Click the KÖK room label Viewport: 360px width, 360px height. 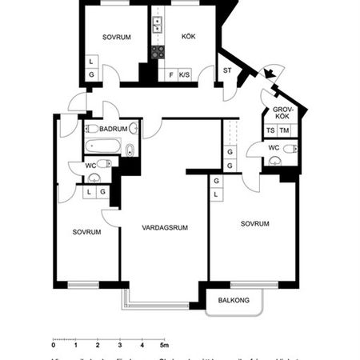189,36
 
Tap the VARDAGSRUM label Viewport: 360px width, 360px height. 165,227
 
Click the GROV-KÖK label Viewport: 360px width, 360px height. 282,112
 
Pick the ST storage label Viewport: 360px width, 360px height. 227,70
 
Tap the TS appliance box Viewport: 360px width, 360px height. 271,130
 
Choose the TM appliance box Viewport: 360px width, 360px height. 285,130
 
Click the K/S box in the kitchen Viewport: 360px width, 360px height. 185,76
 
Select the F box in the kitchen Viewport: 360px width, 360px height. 170,76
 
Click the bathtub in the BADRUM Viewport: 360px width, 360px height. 102,147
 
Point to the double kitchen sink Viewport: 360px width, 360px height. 158,24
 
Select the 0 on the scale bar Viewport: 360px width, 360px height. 54,346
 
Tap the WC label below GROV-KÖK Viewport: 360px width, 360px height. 274,147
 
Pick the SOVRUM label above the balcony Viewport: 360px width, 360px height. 254,223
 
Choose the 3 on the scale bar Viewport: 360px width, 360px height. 120,346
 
